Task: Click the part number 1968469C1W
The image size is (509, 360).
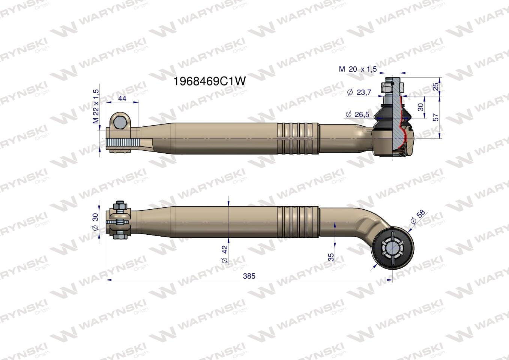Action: pyautogui.click(x=210, y=81)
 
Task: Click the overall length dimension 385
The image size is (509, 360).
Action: pyautogui.click(x=249, y=276)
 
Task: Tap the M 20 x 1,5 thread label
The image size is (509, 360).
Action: pyautogui.click(x=358, y=69)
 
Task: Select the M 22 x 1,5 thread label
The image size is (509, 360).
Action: pyautogui.click(x=96, y=106)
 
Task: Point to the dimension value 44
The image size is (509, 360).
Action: pyautogui.click(x=122, y=98)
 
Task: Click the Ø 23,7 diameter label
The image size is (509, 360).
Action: pyautogui.click(x=359, y=93)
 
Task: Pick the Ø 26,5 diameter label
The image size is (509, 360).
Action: pyautogui.click(x=357, y=114)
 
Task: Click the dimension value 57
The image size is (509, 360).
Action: pyautogui.click(x=435, y=117)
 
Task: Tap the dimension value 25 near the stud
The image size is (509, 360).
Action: pyautogui.click(x=435, y=87)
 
